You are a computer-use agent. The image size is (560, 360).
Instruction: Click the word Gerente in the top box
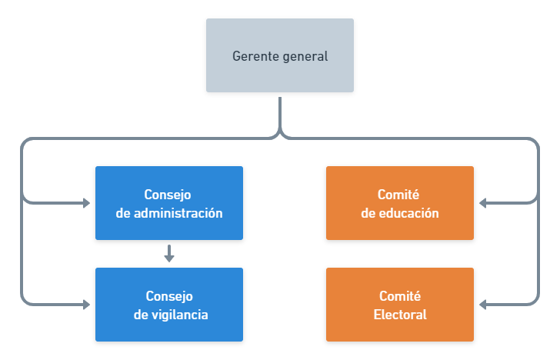(255, 56)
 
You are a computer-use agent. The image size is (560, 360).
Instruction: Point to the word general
(305, 56)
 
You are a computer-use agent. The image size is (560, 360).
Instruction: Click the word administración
(178, 213)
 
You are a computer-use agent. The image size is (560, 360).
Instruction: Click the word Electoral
(400, 315)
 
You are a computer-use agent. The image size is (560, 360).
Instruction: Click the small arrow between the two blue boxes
(169, 254)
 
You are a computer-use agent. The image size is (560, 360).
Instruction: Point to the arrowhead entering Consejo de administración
(86, 203)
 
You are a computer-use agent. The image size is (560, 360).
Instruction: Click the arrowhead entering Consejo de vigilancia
(86, 305)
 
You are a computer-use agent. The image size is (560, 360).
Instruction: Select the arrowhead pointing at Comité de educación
(483, 203)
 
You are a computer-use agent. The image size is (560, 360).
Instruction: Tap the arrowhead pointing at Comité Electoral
(483, 305)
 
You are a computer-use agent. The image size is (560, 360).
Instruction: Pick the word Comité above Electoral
(400, 296)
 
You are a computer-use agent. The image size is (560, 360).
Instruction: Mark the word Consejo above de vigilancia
(169, 296)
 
